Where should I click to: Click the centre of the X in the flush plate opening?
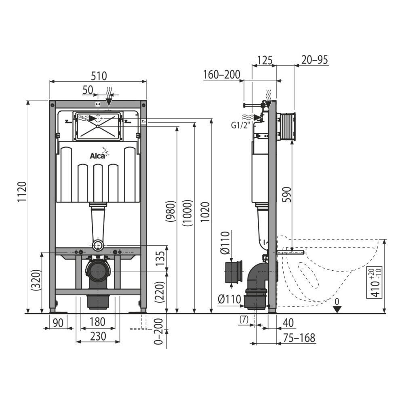click(98, 126)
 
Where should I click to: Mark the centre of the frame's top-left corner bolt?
click(53, 105)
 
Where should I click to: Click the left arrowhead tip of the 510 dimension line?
click(50, 82)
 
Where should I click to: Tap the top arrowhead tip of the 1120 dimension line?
click(28, 100)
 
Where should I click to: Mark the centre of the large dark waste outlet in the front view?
click(98, 272)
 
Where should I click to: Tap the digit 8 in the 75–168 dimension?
click(312, 338)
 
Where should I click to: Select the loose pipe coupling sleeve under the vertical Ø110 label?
click(234, 272)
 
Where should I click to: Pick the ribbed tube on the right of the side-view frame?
click(286, 127)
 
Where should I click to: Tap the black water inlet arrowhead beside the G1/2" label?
click(258, 118)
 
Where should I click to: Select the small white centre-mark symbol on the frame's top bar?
click(98, 104)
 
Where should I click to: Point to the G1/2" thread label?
click(241, 125)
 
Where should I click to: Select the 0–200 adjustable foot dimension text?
click(159, 332)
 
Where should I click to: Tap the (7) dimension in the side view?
click(244, 320)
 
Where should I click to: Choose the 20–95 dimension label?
click(315, 60)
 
